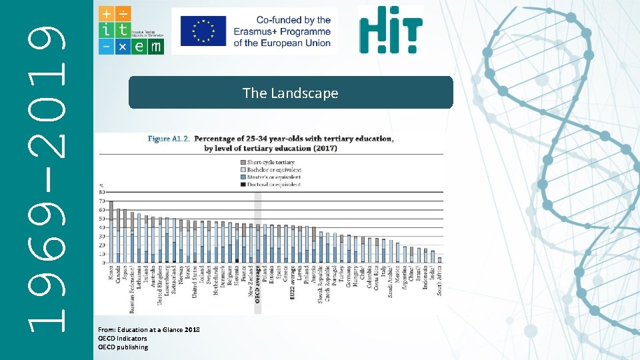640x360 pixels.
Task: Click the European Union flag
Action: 199,31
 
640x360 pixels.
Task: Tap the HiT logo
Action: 390,30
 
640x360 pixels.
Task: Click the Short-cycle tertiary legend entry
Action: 270,162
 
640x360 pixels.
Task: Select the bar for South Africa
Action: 439,259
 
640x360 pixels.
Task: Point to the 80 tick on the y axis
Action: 101,193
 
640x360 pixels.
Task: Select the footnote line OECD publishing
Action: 123,347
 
